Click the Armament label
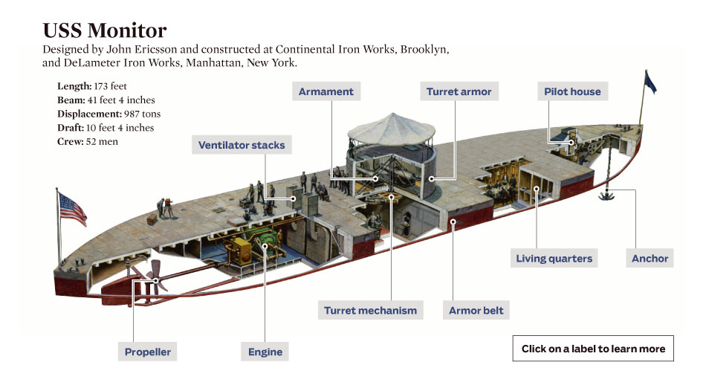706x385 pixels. (x=327, y=92)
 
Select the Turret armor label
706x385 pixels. (x=459, y=92)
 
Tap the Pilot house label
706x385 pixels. (x=572, y=92)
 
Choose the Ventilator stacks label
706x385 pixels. (x=242, y=145)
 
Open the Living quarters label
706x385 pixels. (x=554, y=259)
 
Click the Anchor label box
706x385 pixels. (x=650, y=259)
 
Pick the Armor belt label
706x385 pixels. (x=476, y=311)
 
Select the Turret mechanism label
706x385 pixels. (x=370, y=311)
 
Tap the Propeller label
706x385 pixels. (x=148, y=352)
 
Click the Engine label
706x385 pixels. (x=265, y=352)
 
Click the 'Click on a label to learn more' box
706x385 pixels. (x=593, y=349)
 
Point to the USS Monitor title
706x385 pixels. (x=105, y=31)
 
